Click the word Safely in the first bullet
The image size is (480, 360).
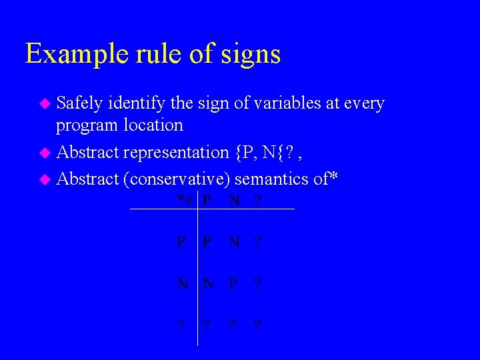coord(79,103)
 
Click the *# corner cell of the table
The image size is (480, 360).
coord(185,200)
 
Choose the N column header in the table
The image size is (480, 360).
coord(233,200)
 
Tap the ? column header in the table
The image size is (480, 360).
coord(257,200)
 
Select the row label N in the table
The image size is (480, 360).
coord(182,283)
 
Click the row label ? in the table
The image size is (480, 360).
coord(181,325)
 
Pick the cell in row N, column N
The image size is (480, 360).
coord(209,283)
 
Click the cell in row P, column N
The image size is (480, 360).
coord(233,242)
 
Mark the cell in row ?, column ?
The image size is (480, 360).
coord(257,325)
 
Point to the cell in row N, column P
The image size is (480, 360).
coord(233,283)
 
